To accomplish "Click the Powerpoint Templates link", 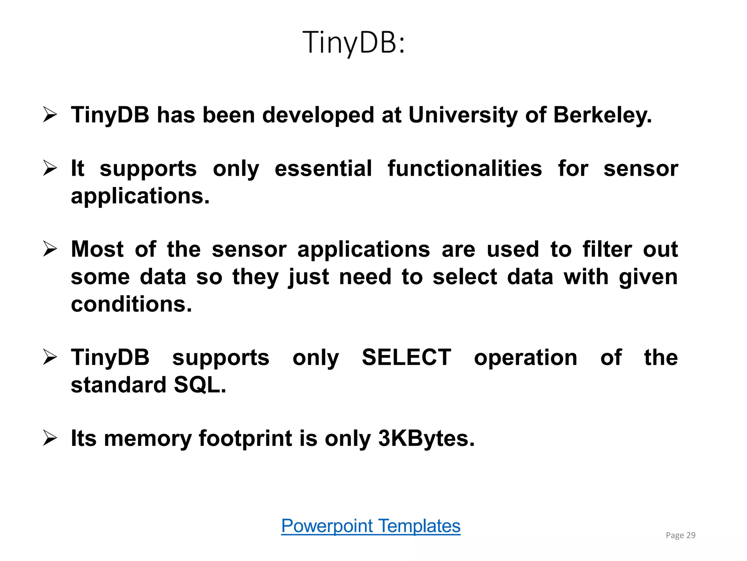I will [x=371, y=526].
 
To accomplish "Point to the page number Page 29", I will [x=680, y=535].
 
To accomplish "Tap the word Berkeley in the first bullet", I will [x=602, y=115].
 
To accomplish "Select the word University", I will [x=463, y=115].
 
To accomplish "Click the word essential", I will [x=323, y=169].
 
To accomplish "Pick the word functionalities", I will [x=465, y=169].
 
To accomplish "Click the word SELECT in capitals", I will [x=406, y=357].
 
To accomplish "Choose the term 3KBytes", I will [x=426, y=438].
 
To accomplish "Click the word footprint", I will [x=245, y=438].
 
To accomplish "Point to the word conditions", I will [x=131, y=304].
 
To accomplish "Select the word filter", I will [x=607, y=249].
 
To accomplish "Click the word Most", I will [x=97, y=249].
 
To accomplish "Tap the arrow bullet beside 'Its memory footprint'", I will [x=50, y=438].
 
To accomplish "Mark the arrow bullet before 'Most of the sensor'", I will [x=50, y=249].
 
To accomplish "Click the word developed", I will [x=318, y=115].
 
